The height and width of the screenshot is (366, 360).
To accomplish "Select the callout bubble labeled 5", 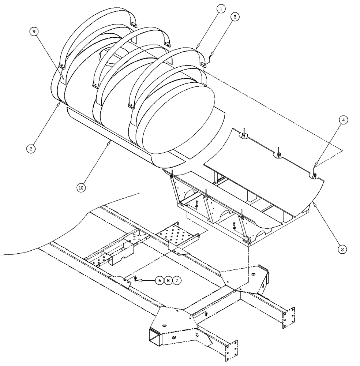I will tap(235, 17).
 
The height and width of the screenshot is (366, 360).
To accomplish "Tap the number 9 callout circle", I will tap(34, 32).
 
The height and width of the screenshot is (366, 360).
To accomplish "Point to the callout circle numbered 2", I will tap(31, 149).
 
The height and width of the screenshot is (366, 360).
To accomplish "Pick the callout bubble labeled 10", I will tap(81, 188).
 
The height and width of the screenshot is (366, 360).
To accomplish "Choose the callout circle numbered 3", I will tap(342, 249).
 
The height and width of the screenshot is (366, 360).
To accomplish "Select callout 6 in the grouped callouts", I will tap(160, 280).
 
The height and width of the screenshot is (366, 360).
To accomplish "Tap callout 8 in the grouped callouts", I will tap(168, 280).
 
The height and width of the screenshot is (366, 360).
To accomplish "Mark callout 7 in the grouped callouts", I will tap(177, 280).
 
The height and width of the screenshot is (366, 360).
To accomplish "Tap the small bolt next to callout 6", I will tap(136, 280).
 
